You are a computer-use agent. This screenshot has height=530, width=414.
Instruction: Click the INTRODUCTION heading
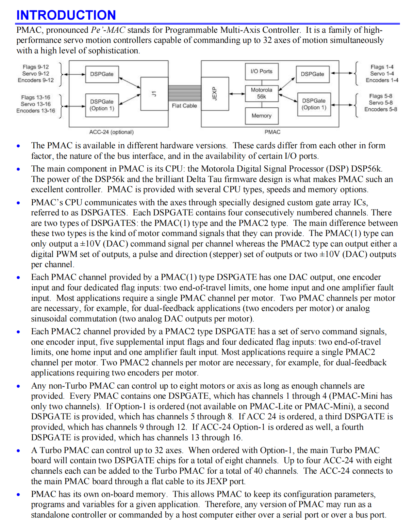point(66,15)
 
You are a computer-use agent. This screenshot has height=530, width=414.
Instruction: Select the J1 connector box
point(154,94)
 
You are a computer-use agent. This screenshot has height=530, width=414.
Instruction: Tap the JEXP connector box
point(215,94)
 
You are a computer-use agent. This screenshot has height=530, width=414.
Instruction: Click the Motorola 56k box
point(261,93)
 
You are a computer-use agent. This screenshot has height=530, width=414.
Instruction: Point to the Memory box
point(261,116)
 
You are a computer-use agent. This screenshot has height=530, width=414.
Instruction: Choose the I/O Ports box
point(261,71)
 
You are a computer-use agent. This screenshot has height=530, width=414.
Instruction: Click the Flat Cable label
point(184,106)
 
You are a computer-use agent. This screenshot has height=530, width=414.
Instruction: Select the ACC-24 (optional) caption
point(111,132)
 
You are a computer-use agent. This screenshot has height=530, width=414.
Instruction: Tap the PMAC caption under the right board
point(273,132)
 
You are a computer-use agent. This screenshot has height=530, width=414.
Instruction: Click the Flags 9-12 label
point(36,67)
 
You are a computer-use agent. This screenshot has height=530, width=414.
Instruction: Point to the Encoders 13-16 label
point(36,111)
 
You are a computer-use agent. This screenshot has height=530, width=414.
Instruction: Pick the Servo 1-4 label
point(382,74)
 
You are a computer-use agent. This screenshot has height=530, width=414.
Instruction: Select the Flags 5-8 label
point(381,96)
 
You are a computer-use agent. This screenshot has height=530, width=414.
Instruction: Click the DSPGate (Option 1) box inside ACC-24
point(102,105)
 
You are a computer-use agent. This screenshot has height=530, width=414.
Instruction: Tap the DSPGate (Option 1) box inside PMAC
point(314,104)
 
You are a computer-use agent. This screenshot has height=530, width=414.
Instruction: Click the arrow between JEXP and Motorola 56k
point(237,94)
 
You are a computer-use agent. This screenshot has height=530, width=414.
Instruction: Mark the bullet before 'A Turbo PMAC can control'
point(18,451)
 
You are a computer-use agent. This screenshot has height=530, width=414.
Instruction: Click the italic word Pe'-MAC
point(108,30)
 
